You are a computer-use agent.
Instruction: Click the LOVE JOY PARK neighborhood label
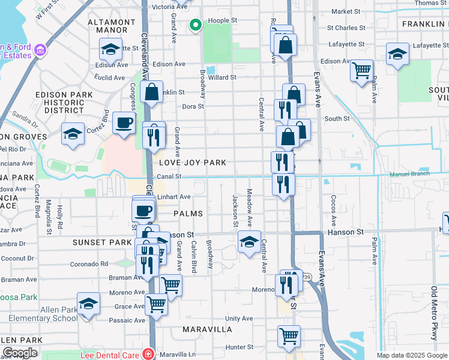pyautogui.click(x=193, y=163)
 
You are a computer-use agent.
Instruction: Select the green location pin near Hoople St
pyautogui.click(x=194, y=25)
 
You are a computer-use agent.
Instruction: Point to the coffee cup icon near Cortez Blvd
pyautogui.click(x=124, y=123)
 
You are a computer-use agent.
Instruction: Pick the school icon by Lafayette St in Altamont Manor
pyautogui.click(x=110, y=49)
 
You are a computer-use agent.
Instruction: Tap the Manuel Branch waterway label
pyautogui.click(x=409, y=174)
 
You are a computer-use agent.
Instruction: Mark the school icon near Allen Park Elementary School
pyautogui.click(x=88, y=304)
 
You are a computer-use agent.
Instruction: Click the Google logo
pyautogui.click(x=20, y=353)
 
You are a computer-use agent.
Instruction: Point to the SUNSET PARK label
pyautogui.click(x=102, y=242)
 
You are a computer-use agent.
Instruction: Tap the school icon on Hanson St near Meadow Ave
pyautogui.click(x=249, y=242)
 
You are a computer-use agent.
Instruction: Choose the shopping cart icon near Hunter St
pyautogui.click(x=289, y=336)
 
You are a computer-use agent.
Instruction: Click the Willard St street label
pyautogui.click(x=222, y=77)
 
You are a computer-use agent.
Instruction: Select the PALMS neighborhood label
pyautogui.click(x=188, y=214)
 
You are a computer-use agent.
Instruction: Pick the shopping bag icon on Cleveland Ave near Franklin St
pyautogui.click(x=152, y=92)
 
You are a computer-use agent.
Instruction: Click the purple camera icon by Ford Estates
pyautogui.click(x=41, y=50)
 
